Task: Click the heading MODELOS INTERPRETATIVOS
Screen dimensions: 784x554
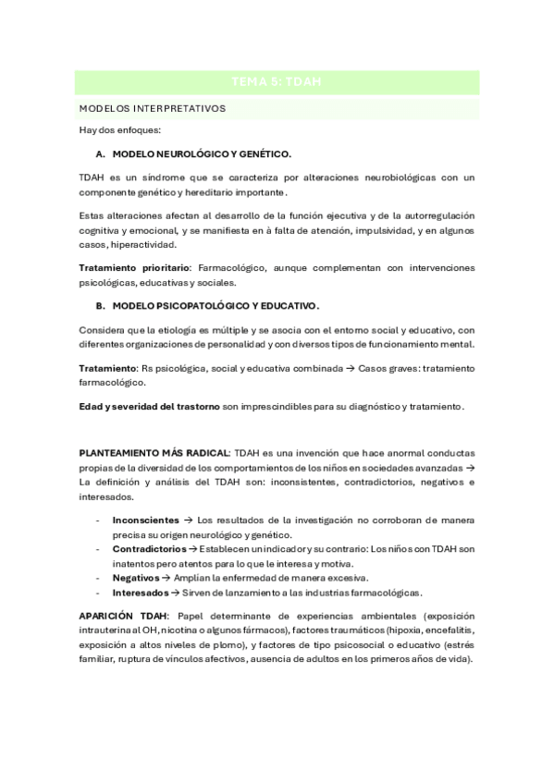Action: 153,108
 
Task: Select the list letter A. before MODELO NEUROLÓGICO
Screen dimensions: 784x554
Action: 100,153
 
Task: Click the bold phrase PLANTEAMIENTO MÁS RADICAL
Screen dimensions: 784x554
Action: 154,453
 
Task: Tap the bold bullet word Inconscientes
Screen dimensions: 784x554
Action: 145,521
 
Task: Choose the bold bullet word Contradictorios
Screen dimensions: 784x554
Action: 147,549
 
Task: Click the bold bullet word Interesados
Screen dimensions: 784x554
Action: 141,592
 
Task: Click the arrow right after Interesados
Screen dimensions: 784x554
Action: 177,592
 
